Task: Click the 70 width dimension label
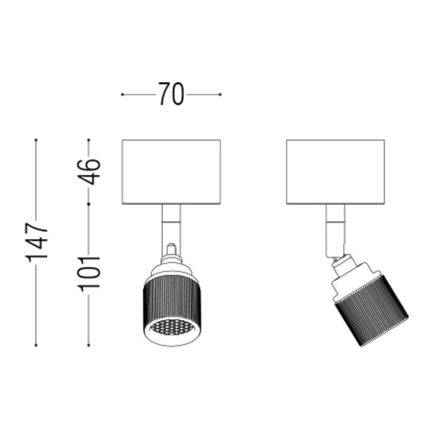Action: (172, 94)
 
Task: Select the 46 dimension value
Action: (89, 172)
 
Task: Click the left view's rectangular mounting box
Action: (172, 172)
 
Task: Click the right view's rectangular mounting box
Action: (335, 172)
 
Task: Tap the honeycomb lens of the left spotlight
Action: (172, 327)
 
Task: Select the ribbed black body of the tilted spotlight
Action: (373, 310)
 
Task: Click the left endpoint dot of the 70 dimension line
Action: (122, 95)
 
